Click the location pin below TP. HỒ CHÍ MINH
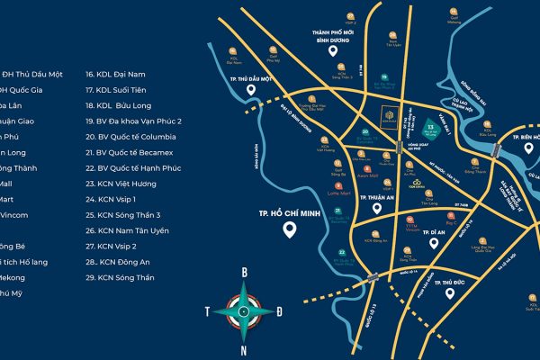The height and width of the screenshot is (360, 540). coord(290,231)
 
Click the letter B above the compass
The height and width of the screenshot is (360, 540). coord(242,272)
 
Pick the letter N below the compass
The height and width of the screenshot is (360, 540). coord(242,350)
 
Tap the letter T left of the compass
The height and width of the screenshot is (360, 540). coord(207,311)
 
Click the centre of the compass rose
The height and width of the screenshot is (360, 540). coord(242,311)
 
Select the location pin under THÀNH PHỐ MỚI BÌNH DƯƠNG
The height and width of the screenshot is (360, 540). coord(334,52)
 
